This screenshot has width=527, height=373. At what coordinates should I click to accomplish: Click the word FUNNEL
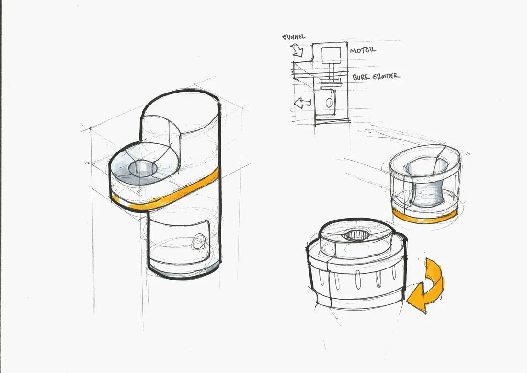coord(294,36)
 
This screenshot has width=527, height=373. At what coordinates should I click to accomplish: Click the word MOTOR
coord(363,50)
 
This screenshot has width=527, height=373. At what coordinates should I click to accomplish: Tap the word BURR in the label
coord(360,77)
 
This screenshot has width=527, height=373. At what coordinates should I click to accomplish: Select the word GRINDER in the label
coord(386,76)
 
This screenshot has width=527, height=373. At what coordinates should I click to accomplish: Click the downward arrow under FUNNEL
coord(298,50)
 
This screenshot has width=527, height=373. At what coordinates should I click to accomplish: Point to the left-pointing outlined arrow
coord(302,103)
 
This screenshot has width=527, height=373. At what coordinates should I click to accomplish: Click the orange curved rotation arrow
coord(427,286)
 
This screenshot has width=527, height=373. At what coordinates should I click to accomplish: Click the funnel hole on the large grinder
coord(143,167)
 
